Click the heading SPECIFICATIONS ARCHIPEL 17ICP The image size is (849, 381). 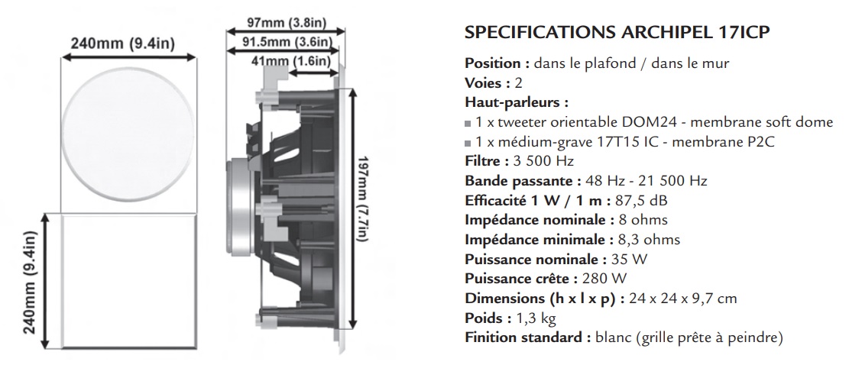(x=617, y=33)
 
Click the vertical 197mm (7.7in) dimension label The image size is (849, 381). (x=361, y=200)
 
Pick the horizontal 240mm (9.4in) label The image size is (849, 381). (x=122, y=44)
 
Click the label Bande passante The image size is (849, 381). (x=511, y=181)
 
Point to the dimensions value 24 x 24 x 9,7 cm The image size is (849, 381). (x=683, y=298)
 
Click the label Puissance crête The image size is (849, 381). (x=520, y=279)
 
